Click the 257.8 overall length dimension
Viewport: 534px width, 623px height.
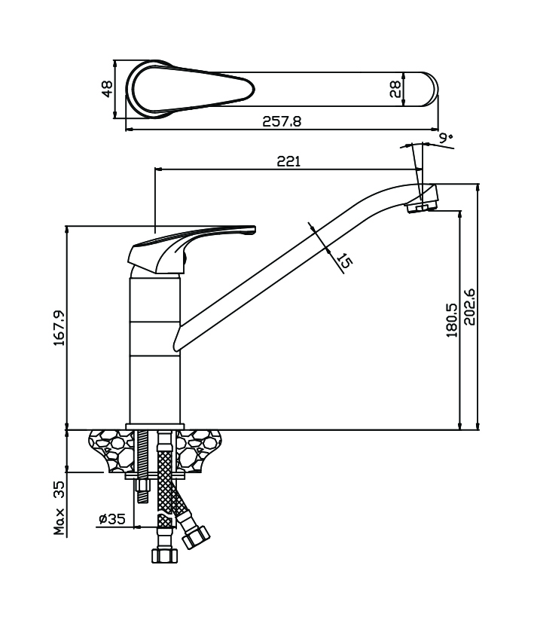282,121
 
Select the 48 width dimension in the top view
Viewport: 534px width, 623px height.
108,89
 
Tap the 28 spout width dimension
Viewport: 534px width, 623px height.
395,90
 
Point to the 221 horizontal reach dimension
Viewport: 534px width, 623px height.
289,161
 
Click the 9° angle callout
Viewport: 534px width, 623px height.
446,138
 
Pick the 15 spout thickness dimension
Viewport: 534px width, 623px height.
344,261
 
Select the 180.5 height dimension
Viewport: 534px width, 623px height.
452,319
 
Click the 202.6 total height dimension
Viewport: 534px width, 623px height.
470,307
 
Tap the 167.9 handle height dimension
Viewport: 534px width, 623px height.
60,328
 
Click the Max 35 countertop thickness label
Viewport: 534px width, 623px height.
60,508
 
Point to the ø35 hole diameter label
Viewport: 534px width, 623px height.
112,518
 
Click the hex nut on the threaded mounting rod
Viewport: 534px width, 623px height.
142,485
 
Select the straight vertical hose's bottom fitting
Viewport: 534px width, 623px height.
164,555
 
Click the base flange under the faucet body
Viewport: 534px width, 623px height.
155,426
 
